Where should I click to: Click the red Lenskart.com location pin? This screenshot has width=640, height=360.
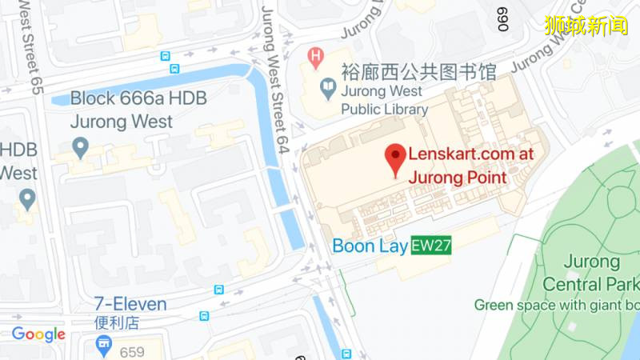(395, 158)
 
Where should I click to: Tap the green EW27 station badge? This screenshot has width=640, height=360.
(431, 246)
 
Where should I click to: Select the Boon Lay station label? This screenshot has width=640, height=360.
(370, 246)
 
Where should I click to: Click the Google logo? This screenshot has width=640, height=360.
(38, 334)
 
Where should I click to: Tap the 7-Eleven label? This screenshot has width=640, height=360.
(130, 304)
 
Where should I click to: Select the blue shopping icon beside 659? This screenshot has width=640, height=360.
(103, 346)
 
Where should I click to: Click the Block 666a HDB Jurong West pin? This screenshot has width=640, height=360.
(80, 147)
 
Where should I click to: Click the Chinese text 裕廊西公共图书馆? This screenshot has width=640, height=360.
(418, 73)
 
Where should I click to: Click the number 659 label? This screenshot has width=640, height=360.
(132, 351)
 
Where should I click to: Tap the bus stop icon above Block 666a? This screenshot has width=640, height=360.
(165, 57)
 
